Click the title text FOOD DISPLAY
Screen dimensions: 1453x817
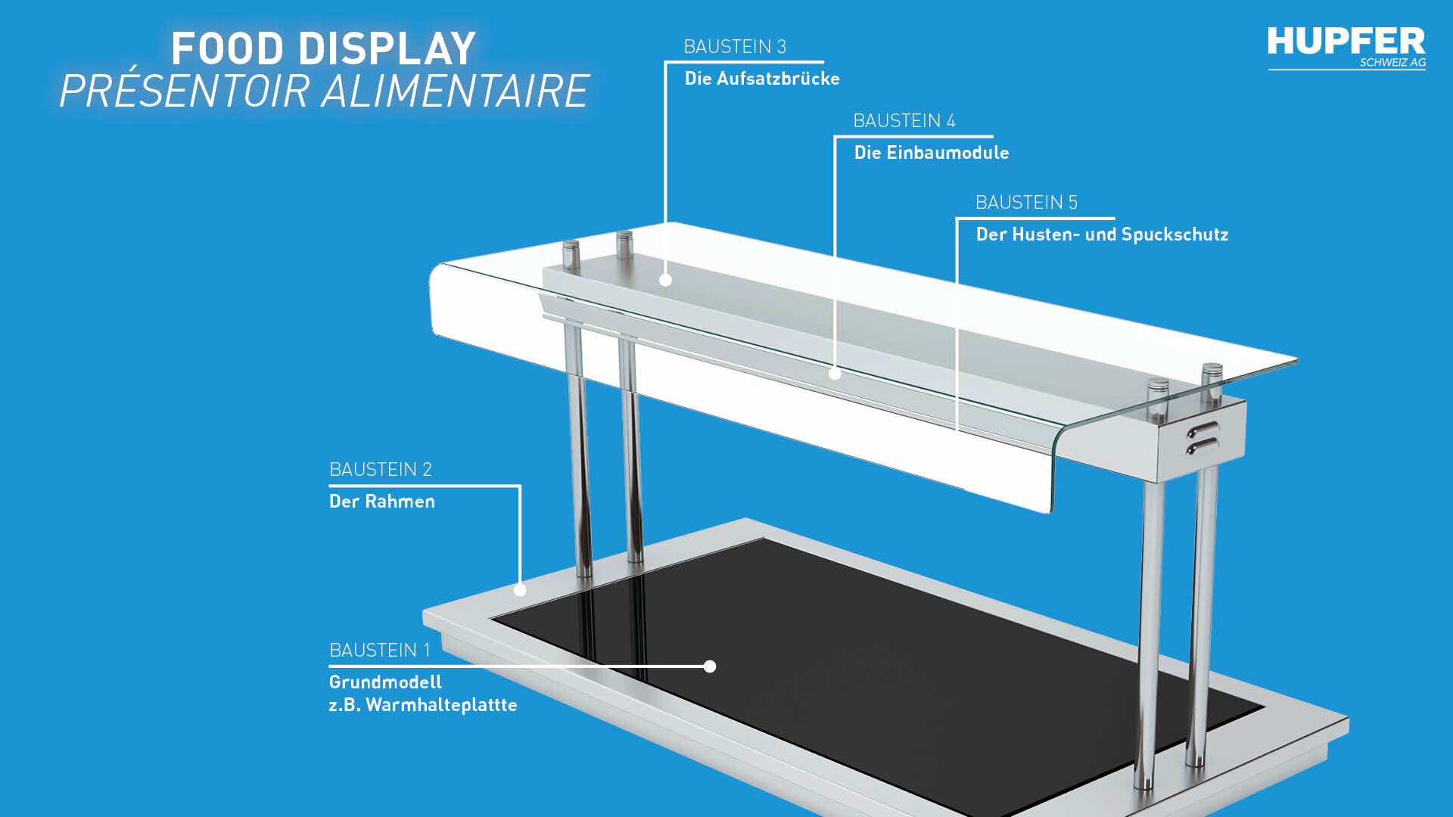[x=323, y=48]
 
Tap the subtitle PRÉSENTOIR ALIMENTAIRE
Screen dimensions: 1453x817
[x=324, y=91]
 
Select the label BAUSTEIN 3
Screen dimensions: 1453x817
[x=735, y=47]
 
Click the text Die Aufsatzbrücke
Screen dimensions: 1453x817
[x=762, y=79]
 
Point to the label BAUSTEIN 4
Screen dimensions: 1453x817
[x=904, y=121]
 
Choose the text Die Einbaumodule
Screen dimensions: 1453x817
[x=932, y=153]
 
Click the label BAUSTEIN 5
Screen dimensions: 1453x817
[x=1026, y=203]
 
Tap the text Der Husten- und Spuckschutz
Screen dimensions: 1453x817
[x=1102, y=235]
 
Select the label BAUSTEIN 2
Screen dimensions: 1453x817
[x=381, y=470]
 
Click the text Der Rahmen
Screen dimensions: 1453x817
[x=382, y=502]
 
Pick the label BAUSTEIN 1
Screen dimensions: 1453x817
[x=380, y=651]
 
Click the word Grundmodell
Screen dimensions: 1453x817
[x=385, y=682]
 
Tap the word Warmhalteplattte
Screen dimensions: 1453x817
[x=441, y=705]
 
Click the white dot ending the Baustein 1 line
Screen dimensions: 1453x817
[x=710, y=666]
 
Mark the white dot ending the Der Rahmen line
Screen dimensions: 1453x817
[x=520, y=590]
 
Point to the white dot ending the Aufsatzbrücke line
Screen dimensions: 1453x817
[x=665, y=280]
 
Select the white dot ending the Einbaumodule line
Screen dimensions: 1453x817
[x=835, y=373]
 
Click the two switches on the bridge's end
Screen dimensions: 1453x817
[x=1203, y=439]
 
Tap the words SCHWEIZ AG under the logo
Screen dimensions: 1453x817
[x=1392, y=63]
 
